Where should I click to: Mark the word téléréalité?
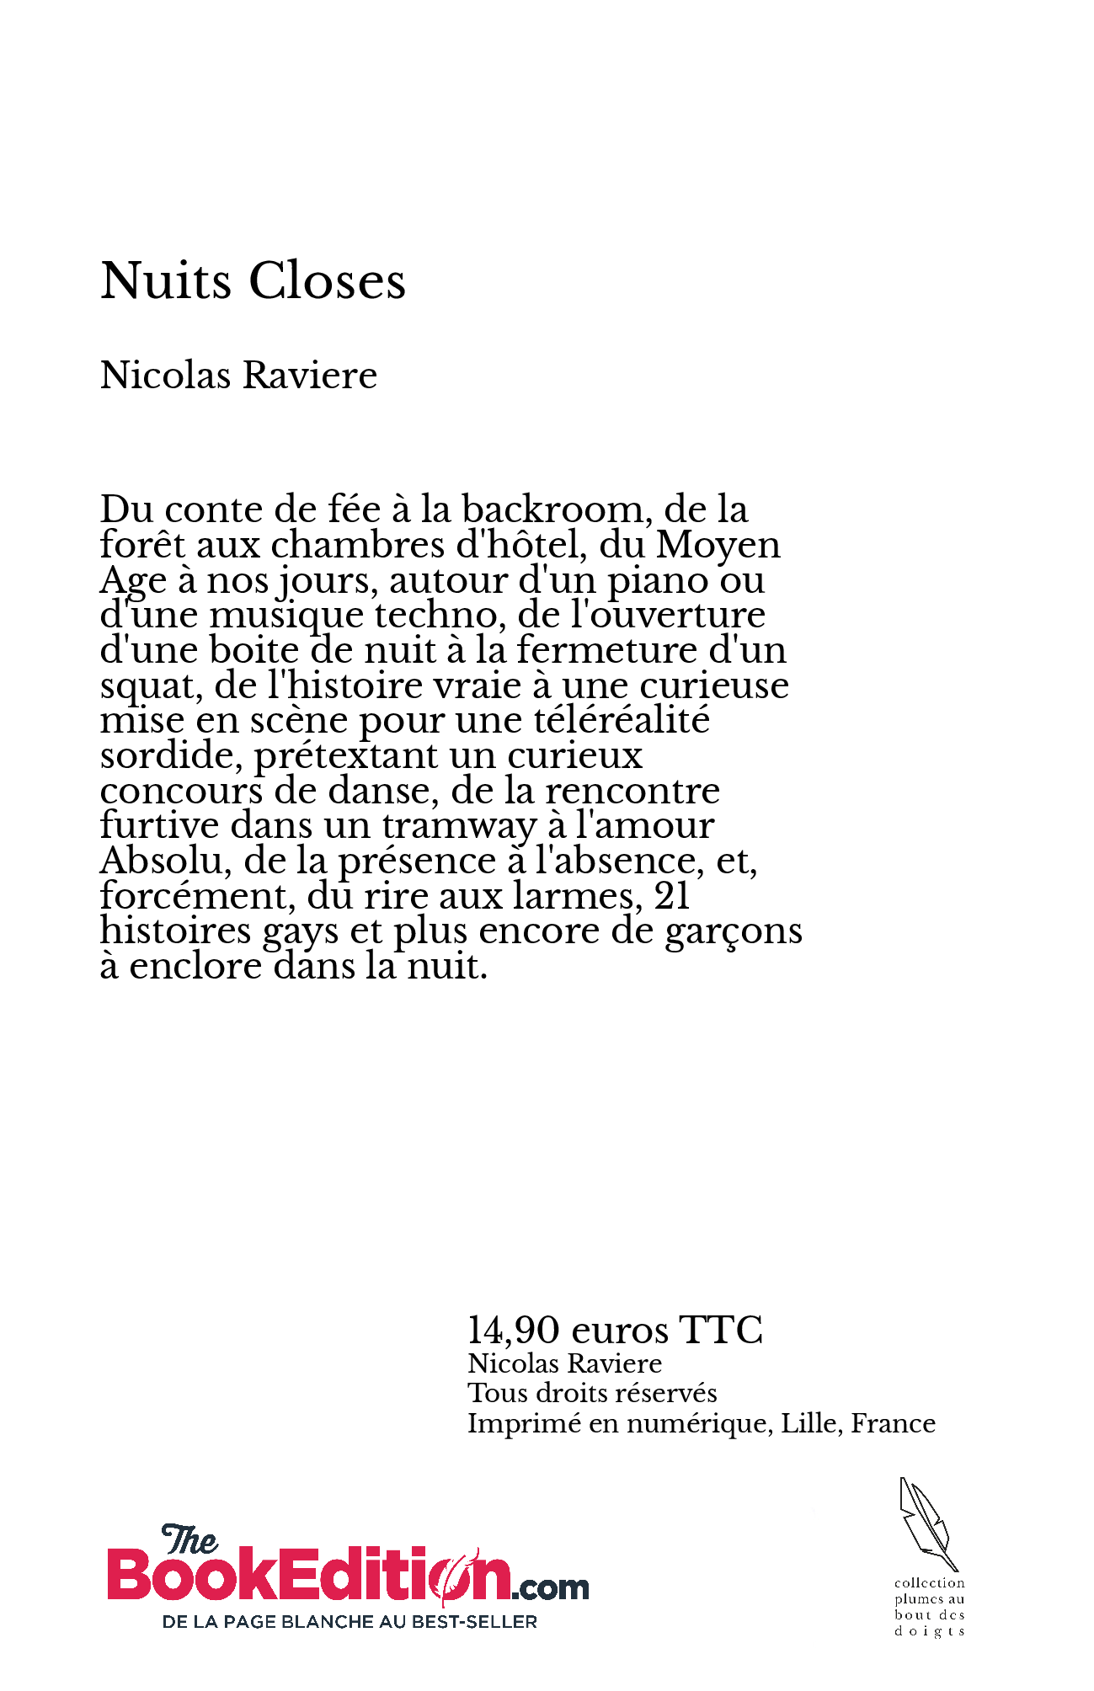(x=622, y=721)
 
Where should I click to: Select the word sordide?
(x=171, y=755)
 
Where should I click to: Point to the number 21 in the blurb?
(x=672, y=896)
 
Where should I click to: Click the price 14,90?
(x=513, y=1331)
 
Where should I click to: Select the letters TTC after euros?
(x=721, y=1331)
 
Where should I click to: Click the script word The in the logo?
(x=189, y=1540)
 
